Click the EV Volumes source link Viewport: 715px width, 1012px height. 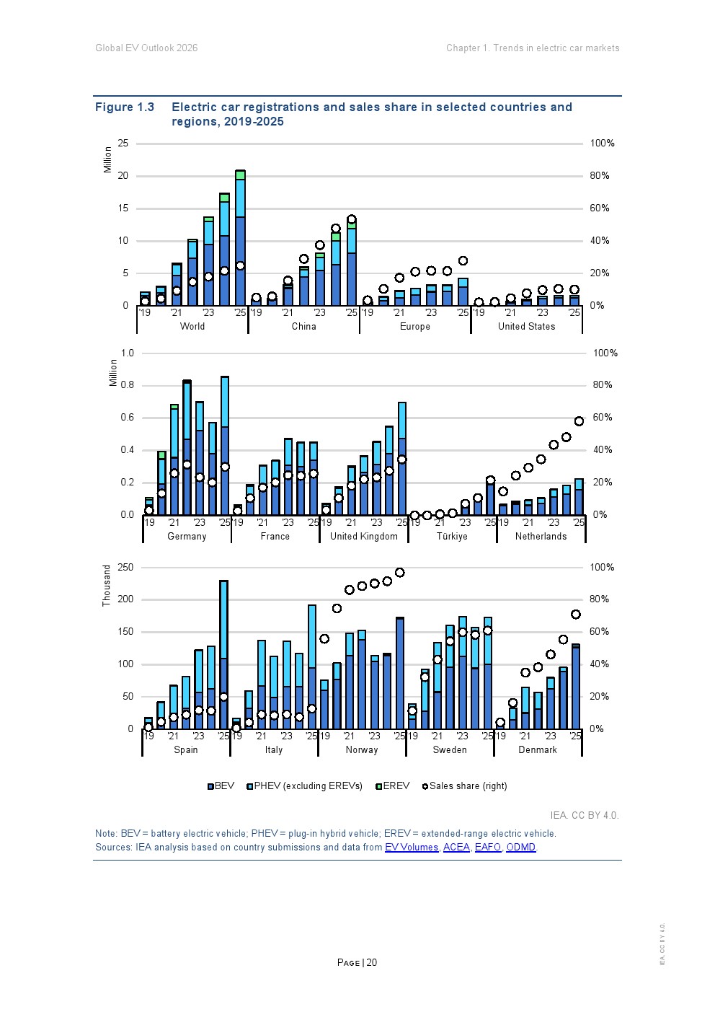412,847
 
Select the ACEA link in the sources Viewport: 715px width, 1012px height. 456,847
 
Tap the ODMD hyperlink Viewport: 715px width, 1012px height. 521,847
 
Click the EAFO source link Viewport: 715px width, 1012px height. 488,847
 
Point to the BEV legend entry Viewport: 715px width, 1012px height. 221,786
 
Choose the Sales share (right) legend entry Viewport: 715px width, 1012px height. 464,786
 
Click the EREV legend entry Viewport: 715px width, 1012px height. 393,786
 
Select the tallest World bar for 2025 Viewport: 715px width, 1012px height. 240,237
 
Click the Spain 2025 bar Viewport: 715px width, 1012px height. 223,654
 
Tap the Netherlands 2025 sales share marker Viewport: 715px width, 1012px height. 579,421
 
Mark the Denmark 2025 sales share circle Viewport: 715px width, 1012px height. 575,614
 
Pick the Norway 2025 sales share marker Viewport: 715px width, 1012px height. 399,573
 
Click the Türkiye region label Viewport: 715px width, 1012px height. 452,536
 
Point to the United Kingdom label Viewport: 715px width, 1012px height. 364,536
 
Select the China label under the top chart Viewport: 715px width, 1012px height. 303,326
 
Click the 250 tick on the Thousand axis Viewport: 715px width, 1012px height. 125,567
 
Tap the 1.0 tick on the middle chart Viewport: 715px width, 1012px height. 128,353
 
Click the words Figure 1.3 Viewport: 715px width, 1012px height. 125,107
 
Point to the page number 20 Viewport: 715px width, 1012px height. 371,962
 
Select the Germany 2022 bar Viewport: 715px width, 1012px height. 187,447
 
